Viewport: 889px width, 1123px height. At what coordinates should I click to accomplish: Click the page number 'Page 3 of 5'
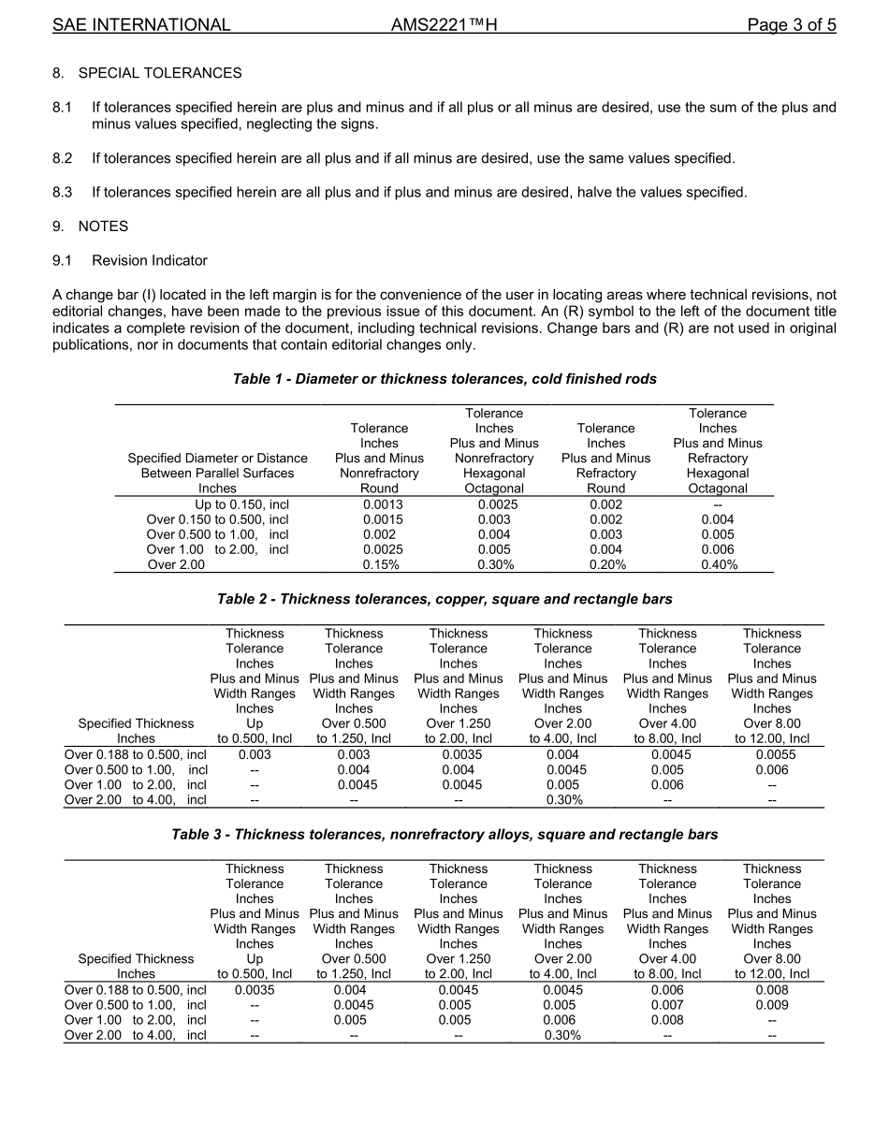pos(791,25)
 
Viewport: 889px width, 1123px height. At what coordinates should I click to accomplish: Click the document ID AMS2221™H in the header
pos(444,25)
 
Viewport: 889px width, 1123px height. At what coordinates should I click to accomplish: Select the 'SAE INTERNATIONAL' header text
pos(141,25)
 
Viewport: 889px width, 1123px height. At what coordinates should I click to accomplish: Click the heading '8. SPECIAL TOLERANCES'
pos(147,73)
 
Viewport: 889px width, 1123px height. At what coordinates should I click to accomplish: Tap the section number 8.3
pos(62,193)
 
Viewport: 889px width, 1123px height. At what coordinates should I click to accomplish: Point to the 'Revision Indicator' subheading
pos(150,260)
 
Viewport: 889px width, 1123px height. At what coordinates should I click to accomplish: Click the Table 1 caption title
pos(444,379)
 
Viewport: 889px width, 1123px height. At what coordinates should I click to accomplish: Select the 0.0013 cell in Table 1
pos(379,504)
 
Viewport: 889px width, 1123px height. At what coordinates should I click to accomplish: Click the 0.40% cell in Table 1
pos(718,564)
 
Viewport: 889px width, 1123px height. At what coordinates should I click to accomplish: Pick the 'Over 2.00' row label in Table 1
pos(176,564)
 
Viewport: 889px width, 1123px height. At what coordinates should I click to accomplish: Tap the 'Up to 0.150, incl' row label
pos(241,504)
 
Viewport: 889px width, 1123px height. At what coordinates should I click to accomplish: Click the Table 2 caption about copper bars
pos(444,599)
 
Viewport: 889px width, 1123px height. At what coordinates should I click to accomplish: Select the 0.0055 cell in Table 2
pos(772,754)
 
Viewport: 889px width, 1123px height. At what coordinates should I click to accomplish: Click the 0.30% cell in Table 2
pos(563,799)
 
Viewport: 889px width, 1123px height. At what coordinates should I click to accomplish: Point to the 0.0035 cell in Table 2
pos(459,754)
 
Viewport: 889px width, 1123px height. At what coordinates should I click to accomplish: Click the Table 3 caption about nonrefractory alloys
pos(444,834)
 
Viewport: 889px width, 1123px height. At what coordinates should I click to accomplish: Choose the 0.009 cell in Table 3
pos(772,1005)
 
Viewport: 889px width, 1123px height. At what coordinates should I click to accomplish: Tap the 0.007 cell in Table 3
pos(667,1005)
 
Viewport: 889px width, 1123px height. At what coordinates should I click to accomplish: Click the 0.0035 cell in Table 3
pos(255,990)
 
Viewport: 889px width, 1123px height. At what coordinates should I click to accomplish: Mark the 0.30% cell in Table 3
pos(563,1035)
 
